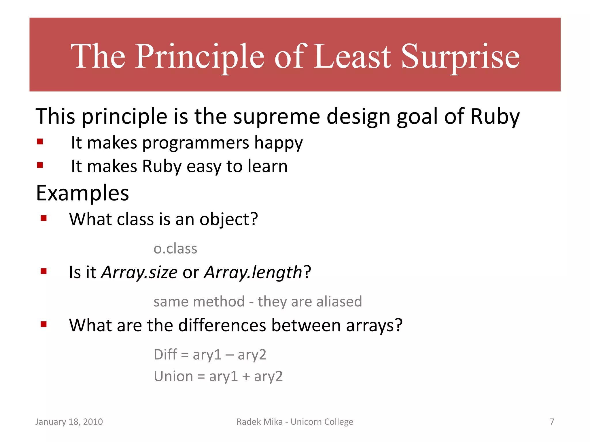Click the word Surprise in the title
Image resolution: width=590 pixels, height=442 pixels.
[x=460, y=57]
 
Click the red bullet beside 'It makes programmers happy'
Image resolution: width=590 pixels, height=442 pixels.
[x=40, y=141]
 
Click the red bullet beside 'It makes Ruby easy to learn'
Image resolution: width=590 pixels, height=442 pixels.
[x=40, y=165]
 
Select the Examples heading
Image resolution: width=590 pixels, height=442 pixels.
[x=82, y=193]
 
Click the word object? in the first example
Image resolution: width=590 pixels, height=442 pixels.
[x=229, y=219]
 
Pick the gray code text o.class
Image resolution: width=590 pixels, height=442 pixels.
[x=175, y=249]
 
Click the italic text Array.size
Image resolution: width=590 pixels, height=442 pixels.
[x=139, y=272]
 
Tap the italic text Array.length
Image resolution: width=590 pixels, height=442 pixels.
[x=253, y=272]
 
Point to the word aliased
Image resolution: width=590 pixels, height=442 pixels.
[x=339, y=302]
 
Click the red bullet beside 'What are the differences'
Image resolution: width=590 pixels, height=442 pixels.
[x=44, y=324]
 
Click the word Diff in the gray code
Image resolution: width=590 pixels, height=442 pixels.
[x=165, y=355]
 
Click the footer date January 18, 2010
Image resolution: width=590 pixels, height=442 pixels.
[x=69, y=422]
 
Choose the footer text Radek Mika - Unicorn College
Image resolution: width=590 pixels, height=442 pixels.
[x=295, y=422]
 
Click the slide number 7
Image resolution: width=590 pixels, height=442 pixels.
[x=552, y=422]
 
